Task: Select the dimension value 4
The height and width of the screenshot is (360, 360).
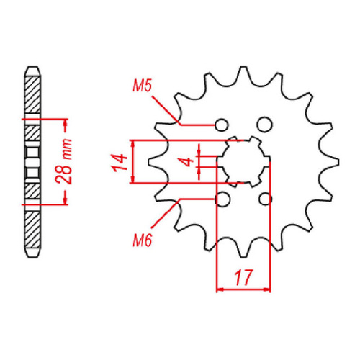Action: (x=188, y=162)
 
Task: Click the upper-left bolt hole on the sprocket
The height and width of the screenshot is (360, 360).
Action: (x=222, y=123)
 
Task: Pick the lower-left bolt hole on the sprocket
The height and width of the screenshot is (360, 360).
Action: (x=222, y=198)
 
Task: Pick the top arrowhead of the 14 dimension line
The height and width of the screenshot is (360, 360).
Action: (x=132, y=143)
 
